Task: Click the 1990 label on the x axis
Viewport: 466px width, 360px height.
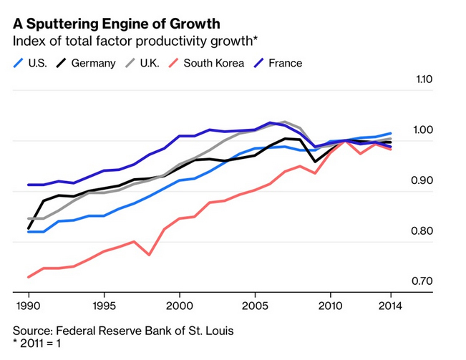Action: coord(29,304)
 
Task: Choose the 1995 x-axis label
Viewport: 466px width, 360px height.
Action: coord(104,304)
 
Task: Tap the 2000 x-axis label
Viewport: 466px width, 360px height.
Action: coord(179,304)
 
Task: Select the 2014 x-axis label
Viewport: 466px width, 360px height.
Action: coord(389,304)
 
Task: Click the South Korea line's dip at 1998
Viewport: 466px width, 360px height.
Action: coord(149,254)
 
